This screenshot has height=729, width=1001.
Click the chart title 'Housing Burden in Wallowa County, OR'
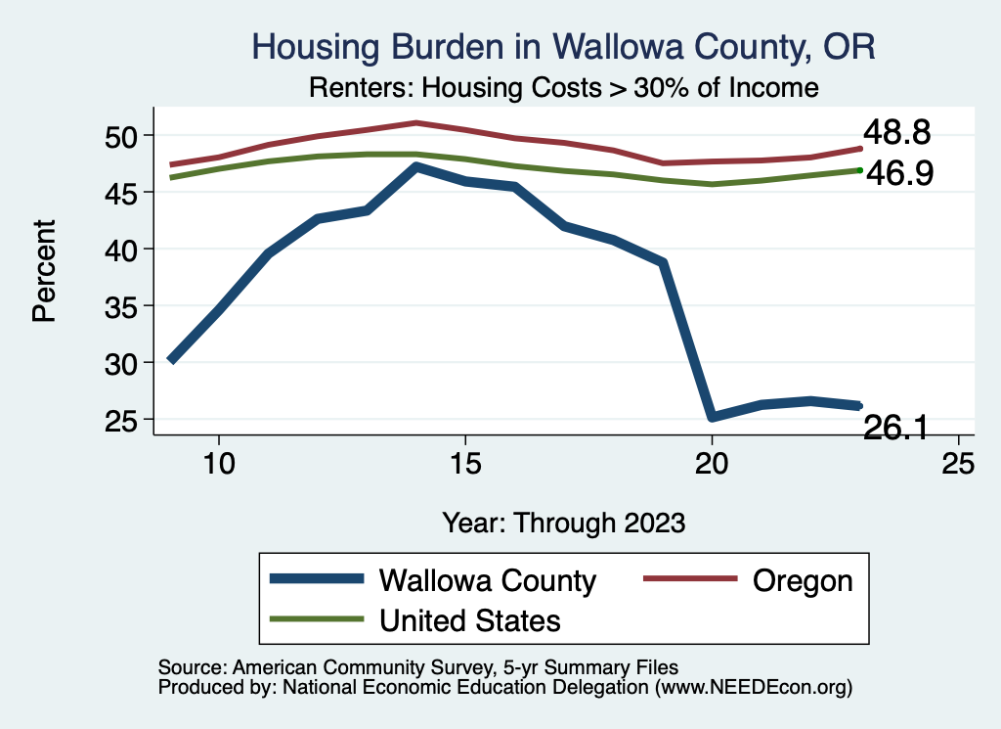[x=562, y=46]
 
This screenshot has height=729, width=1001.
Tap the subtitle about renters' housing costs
[x=563, y=88]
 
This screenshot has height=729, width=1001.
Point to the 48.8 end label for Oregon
[x=895, y=133]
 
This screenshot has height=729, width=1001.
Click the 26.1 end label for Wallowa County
[x=895, y=427]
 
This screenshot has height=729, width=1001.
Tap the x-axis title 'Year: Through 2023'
[x=563, y=522]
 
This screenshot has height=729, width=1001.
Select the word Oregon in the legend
[x=802, y=580]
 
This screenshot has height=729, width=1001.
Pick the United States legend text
[x=469, y=620]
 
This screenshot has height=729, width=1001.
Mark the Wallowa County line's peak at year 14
[x=416, y=167]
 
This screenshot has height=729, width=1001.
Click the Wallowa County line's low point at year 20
[x=712, y=417]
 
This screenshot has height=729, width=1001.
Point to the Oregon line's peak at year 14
[x=416, y=123]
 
